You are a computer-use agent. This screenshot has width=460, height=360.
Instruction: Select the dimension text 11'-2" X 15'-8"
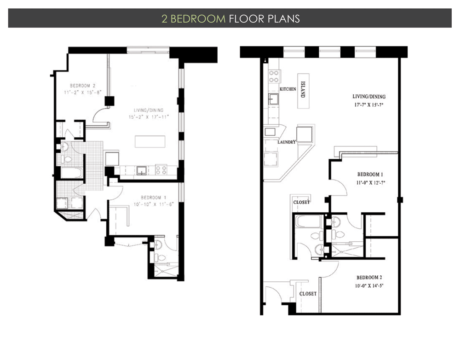(82, 92)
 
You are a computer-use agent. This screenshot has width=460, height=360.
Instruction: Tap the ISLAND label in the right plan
(303, 90)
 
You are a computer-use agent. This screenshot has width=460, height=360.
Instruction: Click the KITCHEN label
(288, 89)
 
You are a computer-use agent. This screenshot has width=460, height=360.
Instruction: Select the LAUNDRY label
(286, 142)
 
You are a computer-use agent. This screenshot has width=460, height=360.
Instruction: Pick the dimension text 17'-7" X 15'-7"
(369, 104)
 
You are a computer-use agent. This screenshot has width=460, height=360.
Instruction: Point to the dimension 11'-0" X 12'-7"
(371, 182)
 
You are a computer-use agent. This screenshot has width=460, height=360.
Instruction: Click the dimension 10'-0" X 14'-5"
(369, 285)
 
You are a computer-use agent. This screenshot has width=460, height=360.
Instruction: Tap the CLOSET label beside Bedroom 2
(307, 294)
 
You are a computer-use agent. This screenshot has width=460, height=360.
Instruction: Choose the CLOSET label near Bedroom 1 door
(301, 202)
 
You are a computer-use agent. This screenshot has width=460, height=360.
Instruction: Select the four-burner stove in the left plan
(161, 170)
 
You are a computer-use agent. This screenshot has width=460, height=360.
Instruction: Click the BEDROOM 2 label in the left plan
(82, 86)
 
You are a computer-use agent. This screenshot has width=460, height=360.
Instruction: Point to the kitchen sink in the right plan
(272, 99)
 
